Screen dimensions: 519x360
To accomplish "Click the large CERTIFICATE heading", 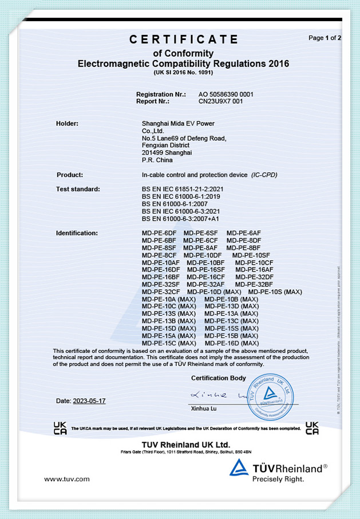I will point(183,40).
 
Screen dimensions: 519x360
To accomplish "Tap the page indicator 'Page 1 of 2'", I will point(325,38).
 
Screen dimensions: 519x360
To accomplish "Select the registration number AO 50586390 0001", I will point(226,94).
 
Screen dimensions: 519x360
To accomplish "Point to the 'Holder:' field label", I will point(67,123).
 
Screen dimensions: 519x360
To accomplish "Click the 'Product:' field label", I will point(70,175).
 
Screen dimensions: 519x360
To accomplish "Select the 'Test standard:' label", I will point(78,189).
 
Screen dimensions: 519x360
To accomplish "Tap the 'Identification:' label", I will point(77,233).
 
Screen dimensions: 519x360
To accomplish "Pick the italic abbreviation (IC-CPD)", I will point(264,175).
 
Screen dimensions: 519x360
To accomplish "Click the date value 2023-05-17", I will point(89,401).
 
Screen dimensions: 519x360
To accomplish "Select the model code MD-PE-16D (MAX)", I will point(231,343).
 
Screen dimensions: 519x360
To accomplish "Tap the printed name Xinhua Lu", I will point(205,410).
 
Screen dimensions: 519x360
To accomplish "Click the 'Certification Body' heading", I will point(219,378).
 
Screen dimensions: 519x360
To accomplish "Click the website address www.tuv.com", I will point(67,478).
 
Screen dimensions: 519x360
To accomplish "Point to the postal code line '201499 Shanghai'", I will point(167,152).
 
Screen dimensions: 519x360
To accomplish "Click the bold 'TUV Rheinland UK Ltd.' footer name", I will point(185,445).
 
